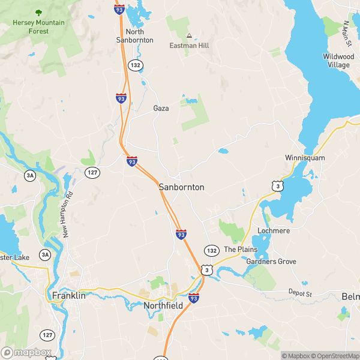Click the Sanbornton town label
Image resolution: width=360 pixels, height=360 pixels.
click(x=181, y=187)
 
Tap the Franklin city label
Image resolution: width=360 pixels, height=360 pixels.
click(x=68, y=295)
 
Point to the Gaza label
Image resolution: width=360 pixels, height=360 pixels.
click(x=161, y=109)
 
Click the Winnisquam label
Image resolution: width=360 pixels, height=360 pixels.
click(x=305, y=158)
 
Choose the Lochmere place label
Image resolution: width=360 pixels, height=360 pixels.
click(x=274, y=230)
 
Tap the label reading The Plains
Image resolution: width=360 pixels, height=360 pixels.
click(x=240, y=250)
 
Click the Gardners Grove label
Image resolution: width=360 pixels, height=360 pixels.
click(x=271, y=262)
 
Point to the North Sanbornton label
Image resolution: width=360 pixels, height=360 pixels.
click(x=135, y=36)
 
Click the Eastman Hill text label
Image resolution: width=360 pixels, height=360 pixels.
click(x=190, y=45)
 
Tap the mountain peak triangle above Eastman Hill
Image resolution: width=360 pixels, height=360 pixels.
click(x=190, y=35)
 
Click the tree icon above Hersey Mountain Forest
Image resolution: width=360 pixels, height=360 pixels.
click(x=38, y=13)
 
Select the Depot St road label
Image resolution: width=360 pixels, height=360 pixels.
click(x=300, y=293)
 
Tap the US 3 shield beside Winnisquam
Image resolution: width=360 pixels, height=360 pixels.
click(x=277, y=187)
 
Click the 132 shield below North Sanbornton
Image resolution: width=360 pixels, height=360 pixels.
click(x=136, y=65)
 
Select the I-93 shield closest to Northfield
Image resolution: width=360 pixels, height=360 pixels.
click(x=193, y=298)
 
